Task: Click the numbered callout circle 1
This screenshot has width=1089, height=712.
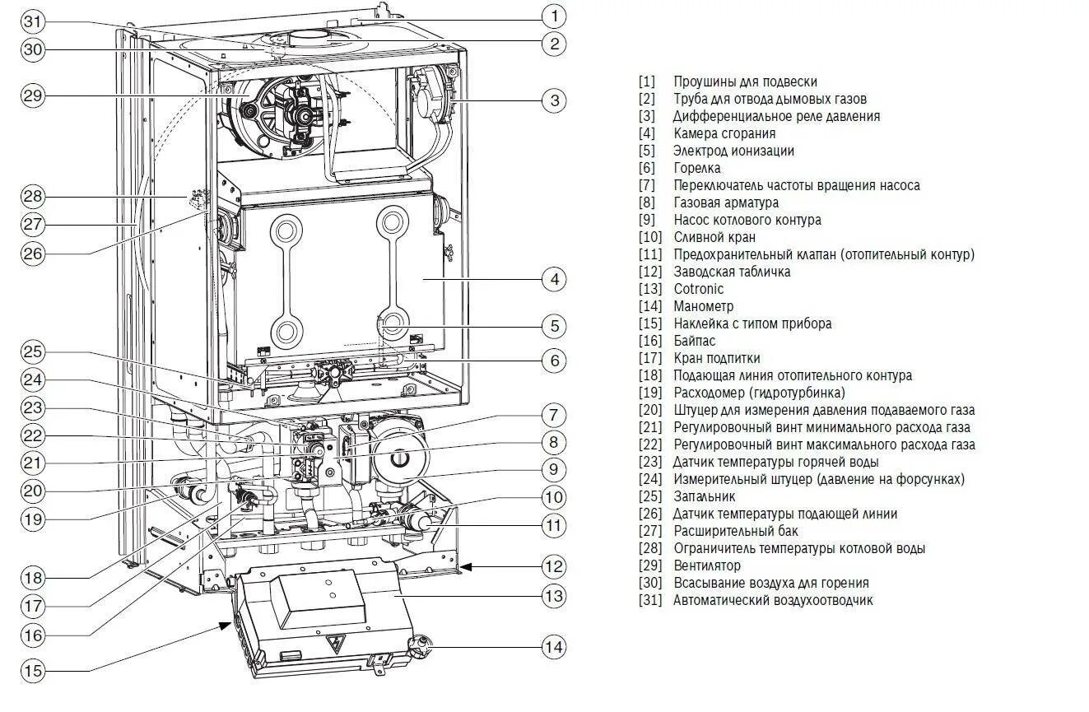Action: click(554, 16)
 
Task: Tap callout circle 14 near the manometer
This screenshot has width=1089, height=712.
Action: click(554, 647)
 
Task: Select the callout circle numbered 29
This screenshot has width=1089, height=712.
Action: click(32, 95)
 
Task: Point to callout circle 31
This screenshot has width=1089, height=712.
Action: click(32, 21)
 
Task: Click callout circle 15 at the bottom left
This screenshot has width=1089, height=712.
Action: click(32, 672)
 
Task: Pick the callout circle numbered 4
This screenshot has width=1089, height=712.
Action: click(554, 280)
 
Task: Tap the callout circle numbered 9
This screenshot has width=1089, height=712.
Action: click(554, 470)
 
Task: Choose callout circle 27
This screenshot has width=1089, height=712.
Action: click(32, 224)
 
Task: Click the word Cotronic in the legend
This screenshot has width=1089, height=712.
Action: click(698, 289)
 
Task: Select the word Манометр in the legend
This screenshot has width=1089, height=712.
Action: click(703, 306)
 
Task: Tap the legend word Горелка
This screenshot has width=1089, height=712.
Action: click(696, 168)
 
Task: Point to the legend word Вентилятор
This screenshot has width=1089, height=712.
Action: click(706, 565)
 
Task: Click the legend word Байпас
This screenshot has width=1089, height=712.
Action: click(694, 341)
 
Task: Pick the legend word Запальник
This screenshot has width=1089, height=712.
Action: click(704, 496)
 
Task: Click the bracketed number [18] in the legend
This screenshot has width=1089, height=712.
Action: click(649, 375)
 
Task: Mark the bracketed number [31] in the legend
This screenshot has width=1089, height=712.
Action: click(649, 600)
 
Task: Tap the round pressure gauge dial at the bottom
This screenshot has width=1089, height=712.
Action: click(421, 646)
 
